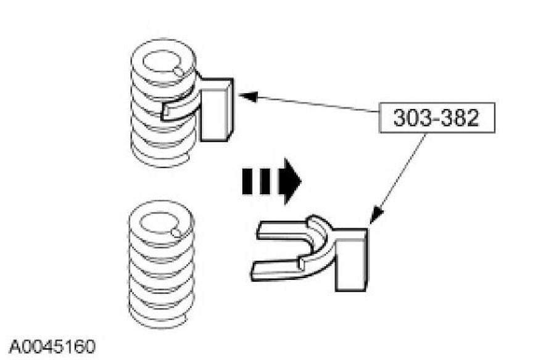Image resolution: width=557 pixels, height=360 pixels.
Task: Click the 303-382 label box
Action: (437, 117)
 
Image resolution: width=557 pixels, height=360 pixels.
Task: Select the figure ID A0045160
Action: (52, 344)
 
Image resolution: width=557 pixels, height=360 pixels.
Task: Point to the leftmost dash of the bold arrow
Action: (247, 181)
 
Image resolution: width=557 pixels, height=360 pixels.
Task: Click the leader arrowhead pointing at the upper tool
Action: (245, 96)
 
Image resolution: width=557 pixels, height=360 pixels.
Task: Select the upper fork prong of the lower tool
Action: (281, 229)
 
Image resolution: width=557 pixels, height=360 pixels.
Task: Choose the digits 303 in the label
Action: (413, 117)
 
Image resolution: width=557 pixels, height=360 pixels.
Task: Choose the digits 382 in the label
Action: (460, 117)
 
